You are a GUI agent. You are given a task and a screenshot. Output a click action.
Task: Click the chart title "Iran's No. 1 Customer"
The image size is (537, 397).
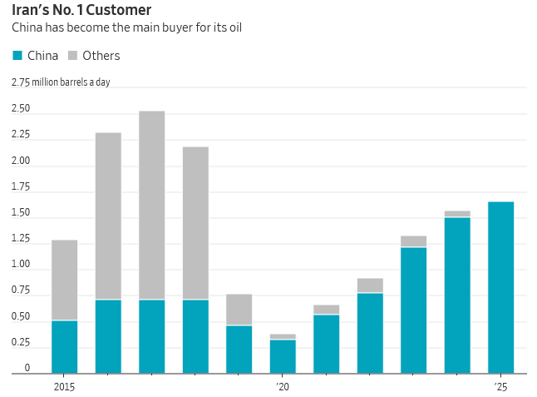81,11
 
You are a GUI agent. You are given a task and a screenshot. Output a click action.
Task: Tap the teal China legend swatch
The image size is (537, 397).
17,56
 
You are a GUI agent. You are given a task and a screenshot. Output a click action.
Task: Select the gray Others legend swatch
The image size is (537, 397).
73,56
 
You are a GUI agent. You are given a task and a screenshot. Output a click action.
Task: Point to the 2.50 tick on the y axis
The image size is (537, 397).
21,109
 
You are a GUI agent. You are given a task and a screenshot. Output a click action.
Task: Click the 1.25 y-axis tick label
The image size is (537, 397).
21,240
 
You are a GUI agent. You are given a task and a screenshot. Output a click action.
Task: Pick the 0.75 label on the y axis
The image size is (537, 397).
21,291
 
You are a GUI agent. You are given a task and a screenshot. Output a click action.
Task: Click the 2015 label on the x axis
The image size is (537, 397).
64,386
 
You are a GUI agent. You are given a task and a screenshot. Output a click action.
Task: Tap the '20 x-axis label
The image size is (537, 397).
283,386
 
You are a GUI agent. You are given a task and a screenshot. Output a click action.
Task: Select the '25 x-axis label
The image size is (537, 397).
500,386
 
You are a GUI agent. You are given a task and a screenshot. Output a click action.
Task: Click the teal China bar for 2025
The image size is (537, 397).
500,287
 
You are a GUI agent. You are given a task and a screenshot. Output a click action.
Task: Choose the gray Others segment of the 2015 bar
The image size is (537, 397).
64,280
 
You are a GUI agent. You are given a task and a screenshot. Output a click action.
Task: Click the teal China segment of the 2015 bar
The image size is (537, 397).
64,346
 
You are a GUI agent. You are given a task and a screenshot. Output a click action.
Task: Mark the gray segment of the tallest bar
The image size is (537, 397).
151,205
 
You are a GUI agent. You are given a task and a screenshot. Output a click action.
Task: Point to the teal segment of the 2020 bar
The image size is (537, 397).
283,356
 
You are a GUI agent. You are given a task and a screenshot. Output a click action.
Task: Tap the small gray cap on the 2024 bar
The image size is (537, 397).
457,214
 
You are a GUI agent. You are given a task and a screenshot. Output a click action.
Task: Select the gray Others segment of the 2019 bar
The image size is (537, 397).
239,310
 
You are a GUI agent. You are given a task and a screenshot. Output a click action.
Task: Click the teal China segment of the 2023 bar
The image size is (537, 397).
413,310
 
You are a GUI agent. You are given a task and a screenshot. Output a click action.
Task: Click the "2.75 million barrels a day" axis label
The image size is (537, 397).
60,82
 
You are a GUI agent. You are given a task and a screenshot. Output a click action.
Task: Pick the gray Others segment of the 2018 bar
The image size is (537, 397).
195,223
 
